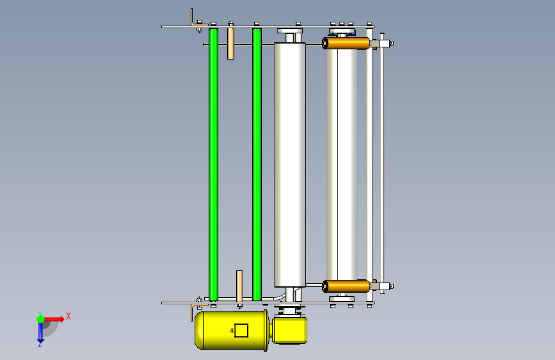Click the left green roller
coord(213,165)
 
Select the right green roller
coord(257,165)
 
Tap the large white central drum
coord(289,165)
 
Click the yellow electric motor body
coord(232,331)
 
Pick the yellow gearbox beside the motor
coord(289,331)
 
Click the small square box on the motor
coord(241,331)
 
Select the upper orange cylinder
coord(346,43)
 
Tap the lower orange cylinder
coord(346,286)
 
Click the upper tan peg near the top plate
coord(231,43)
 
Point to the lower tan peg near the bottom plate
coord(239,286)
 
